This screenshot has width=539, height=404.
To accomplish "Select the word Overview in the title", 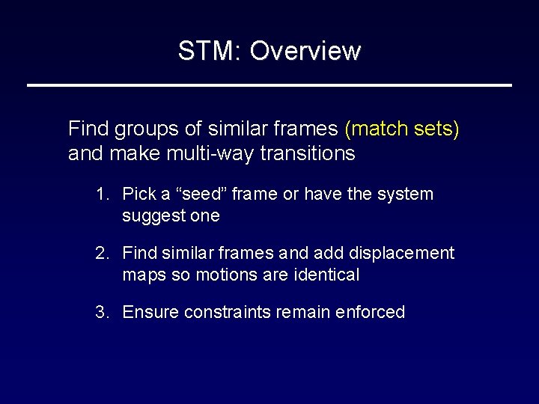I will tap(305, 51).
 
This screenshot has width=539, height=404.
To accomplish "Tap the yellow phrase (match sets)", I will tap(401, 129).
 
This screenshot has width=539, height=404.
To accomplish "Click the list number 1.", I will tap(100, 195).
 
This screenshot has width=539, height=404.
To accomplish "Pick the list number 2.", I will tap(100, 254).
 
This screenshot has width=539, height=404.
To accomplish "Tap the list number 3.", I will tap(100, 312).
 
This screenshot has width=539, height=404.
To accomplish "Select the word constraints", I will tap(222, 312).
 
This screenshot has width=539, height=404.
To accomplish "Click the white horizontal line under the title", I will tap(269, 85).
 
